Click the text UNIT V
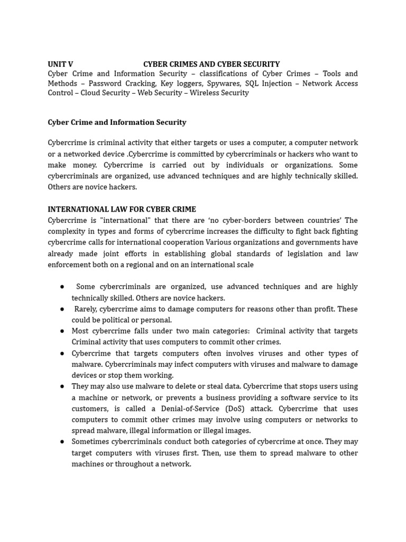coord(60,65)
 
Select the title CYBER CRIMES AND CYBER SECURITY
coord(211,65)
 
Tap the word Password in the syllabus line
coord(109,84)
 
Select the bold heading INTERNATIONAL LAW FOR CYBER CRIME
coord(122,210)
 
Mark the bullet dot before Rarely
coord(62,309)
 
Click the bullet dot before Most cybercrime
coord(62,331)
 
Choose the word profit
coord(322,309)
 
